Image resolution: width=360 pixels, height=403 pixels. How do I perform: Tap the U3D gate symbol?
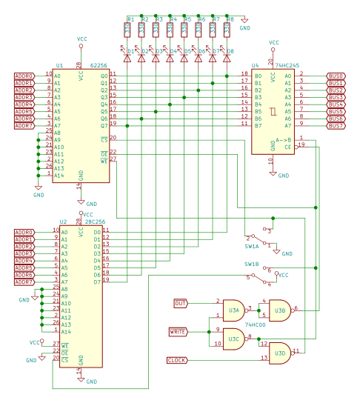[x=279, y=353]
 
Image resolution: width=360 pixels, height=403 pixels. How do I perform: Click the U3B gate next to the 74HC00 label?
[x=279, y=310]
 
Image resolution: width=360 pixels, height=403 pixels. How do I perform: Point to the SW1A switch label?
[x=252, y=245]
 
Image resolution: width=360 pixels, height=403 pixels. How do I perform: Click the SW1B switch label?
[x=252, y=264]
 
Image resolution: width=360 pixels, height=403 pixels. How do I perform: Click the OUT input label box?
[x=180, y=303]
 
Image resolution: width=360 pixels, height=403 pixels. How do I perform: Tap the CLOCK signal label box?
[x=177, y=360]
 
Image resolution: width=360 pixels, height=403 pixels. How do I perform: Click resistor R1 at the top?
[x=127, y=29]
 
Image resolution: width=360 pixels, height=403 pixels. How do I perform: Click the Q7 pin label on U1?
[x=104, y=125]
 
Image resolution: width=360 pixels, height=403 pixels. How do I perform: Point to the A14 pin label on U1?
[x=59, y=176]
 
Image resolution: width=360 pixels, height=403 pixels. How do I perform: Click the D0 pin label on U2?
[x=96, y=232]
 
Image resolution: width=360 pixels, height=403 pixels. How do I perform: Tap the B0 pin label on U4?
[x=258, y=76]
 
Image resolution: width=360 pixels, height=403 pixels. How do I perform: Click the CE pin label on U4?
[x=287, y=147]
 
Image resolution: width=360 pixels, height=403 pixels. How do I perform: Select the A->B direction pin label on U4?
[x=284, y=139]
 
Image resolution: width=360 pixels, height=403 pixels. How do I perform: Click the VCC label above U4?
[x=274, y=42]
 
